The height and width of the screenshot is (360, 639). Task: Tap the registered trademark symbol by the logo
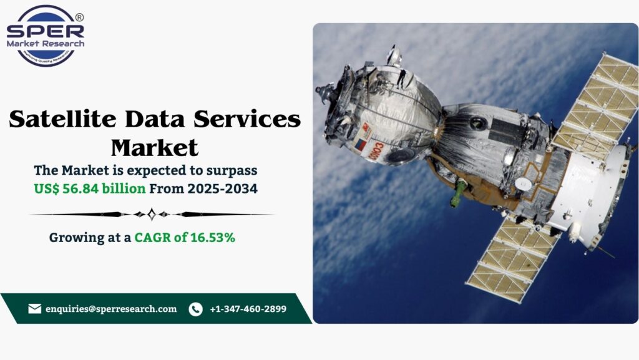79,18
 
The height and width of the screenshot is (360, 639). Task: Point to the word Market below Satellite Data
155,148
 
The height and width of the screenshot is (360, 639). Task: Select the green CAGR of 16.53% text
185,237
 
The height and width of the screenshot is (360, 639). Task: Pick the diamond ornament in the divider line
152,214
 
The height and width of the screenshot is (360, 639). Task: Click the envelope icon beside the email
35,309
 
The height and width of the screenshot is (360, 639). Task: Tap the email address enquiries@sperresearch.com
111,309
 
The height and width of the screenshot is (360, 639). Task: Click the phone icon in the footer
195,309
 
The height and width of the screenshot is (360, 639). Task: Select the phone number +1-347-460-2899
248,309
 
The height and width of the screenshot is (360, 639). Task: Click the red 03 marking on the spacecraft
376,150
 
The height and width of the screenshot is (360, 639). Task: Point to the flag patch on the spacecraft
360,144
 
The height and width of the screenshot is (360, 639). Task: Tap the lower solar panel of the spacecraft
512,262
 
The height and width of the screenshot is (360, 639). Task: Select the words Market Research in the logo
45,44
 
